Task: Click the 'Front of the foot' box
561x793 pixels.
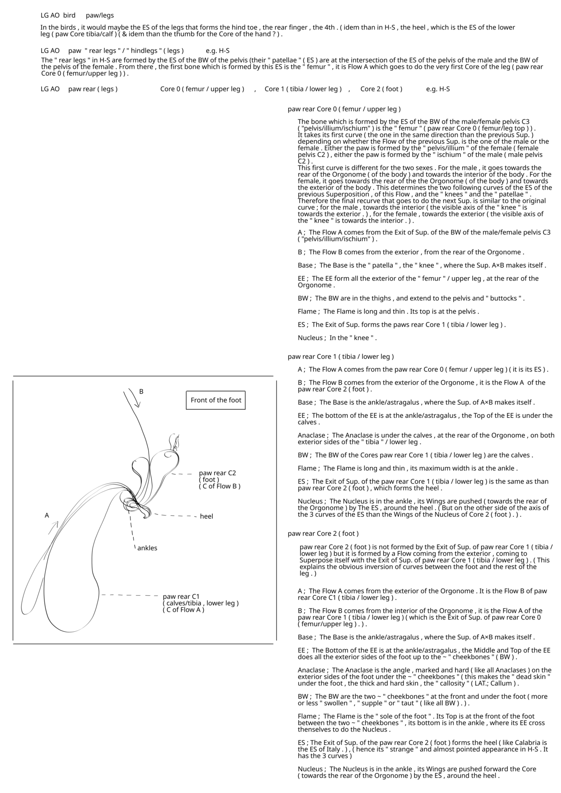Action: pos(216,400)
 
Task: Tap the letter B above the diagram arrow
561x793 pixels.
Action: pos(141,392)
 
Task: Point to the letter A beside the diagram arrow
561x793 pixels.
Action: pos(47,515)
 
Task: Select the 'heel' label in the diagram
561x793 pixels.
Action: pos(206,516)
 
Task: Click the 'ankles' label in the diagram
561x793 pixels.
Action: pos(147,548)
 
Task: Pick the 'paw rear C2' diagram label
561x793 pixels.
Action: pos(217,473)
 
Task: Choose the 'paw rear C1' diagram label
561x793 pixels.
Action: pos(181,597)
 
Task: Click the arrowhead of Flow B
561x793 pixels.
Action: pos(137,404)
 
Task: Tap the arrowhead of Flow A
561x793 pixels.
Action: pos(55,523)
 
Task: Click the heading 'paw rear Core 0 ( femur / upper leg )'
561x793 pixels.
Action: pos(344,109)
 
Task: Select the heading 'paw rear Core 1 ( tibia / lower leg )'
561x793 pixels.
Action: pos(341,357)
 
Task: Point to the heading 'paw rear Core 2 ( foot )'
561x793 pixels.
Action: pos(323,534)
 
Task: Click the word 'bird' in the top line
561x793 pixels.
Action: pos(69,15)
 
